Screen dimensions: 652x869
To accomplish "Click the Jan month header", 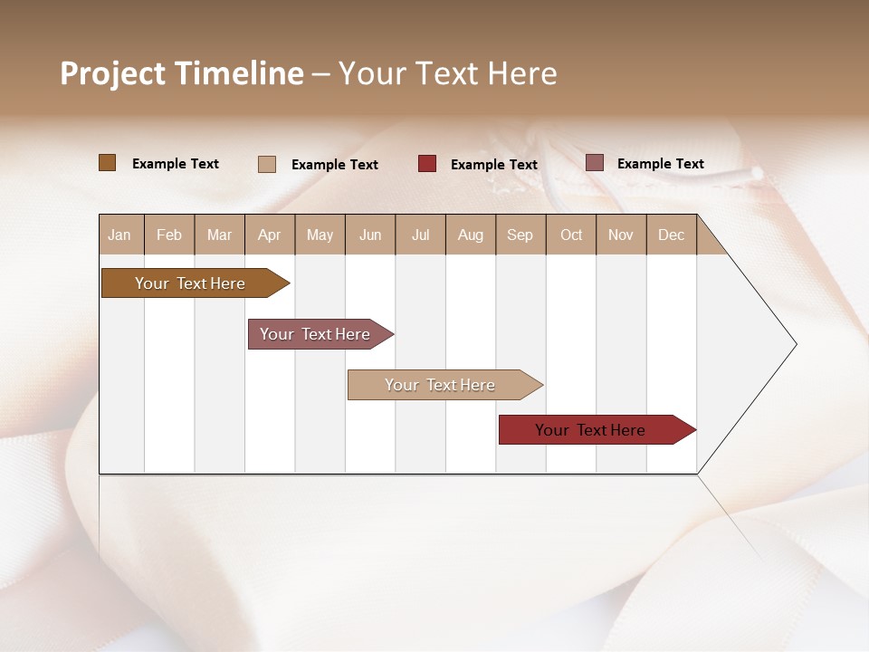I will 120,235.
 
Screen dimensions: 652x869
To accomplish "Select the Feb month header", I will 169,235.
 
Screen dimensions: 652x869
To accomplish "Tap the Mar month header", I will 219,235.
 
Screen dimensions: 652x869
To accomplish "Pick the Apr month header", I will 270,235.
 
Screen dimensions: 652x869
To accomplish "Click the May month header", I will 320,235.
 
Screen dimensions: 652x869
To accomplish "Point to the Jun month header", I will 370,235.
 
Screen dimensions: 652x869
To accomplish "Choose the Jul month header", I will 420,235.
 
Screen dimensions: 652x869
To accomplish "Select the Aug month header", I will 471,235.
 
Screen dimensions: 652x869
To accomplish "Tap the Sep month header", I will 520,235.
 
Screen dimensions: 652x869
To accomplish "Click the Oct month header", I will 571,235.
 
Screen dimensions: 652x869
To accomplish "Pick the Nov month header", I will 621,235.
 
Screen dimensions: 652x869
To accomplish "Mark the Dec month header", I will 672,235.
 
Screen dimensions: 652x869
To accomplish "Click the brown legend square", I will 108,163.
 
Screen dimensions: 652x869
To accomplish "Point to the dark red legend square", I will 427,164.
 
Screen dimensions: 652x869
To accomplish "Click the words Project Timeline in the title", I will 182,73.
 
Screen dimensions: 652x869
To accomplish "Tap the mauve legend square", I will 594,163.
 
